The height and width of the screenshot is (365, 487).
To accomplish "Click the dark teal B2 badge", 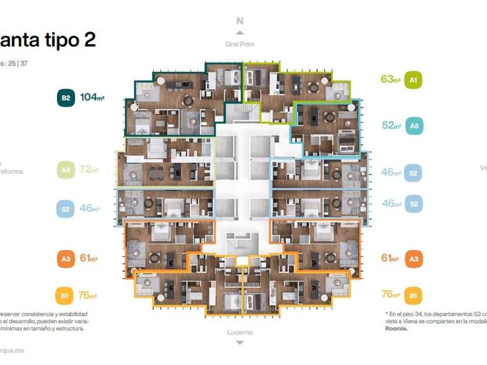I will [x=66, y=98].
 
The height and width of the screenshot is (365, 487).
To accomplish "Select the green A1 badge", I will [x=413, y=80].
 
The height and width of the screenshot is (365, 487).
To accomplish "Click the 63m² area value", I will [x=391, y=79].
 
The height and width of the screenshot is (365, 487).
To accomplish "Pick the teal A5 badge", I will [x=413, y=126].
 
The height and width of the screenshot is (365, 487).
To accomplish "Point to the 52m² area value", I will [x=391, y=125].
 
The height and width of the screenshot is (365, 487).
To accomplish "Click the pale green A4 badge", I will [x=66, y=170].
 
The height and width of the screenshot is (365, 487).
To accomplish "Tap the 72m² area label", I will [x=89, y=170].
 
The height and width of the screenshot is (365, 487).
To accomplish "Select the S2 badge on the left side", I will [x=66, y=209].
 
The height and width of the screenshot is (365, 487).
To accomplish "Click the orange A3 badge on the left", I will [x=66, y=258].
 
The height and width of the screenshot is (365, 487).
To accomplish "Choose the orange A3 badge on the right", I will [x=413, y=258].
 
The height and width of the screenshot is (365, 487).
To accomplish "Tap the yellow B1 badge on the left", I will [x=66, y=296].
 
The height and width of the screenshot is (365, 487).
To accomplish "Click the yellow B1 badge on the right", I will [x=413, y=296].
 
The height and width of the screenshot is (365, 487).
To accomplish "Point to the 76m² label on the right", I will [x=391, y=294].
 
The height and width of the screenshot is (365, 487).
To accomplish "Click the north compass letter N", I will [x=239, y=21].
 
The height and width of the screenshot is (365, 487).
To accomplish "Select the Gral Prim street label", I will [x=239, y=44].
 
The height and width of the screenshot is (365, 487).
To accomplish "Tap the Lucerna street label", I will [x=239, y=333].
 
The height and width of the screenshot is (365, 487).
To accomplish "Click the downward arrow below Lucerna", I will [x=239, y=343].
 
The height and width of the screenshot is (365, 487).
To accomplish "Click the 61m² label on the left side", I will [x=88, y=258].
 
